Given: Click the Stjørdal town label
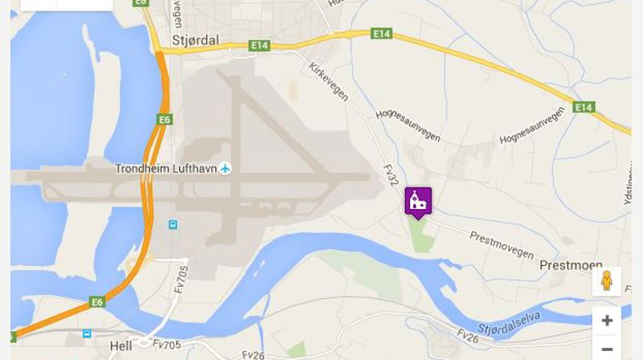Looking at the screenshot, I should tap(195, 41).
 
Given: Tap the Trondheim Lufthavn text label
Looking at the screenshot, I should tap(166, 169).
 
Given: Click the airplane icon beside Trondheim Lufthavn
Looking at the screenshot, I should tap(225, 169).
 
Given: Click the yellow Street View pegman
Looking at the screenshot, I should tap(607, 280).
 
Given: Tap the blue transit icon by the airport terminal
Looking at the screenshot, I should tap(172, 224).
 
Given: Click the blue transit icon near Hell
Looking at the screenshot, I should tap(87, 333).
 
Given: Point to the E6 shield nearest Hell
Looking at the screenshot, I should tap(97, 302).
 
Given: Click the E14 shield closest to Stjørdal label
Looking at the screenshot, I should tap(259, 46).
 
